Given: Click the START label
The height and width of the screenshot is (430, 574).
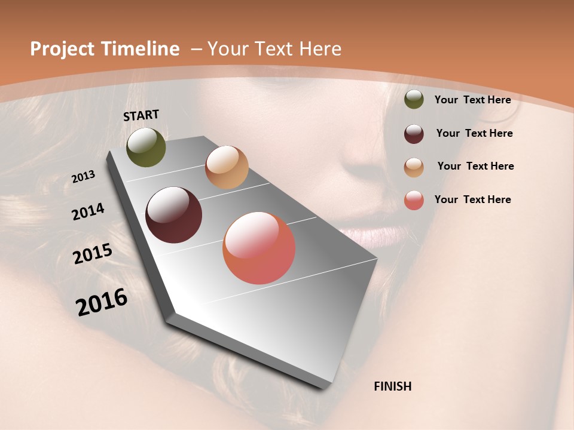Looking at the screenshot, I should (x=141, y=115).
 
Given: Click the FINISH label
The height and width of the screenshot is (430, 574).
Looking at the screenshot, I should (x=392, y=386).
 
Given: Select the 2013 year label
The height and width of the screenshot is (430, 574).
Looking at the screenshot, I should (x=84, y=177).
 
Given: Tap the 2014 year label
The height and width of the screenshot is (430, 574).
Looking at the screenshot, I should (x=88, y=212).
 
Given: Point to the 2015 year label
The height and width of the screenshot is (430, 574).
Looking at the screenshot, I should (x=93, y=254).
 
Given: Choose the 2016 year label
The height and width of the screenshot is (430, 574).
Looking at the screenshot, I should (x=102, y=302).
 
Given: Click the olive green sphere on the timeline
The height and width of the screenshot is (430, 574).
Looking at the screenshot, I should (x=146, y=147).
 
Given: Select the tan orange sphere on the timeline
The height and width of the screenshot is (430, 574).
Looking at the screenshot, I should (x=227, y=167).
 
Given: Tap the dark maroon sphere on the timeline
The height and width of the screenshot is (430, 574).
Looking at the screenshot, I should (x=174, y=215).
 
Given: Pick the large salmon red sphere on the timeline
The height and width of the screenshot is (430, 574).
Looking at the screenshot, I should (x=259, y=248).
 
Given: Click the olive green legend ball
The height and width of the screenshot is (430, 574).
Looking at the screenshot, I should (x=414, y=100).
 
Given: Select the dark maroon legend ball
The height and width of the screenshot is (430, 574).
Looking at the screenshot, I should (x=414, y=134).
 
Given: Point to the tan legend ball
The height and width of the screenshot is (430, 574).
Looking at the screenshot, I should (x=414, y=167).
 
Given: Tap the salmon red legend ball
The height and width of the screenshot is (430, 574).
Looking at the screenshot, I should (x=414, y=200).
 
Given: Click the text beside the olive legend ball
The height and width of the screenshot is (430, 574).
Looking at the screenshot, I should (x=472, y=100).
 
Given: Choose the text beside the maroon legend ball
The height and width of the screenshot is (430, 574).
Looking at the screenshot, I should (x=474, y=133).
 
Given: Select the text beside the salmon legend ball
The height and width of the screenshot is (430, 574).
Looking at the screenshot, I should (x=472, y=199).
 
